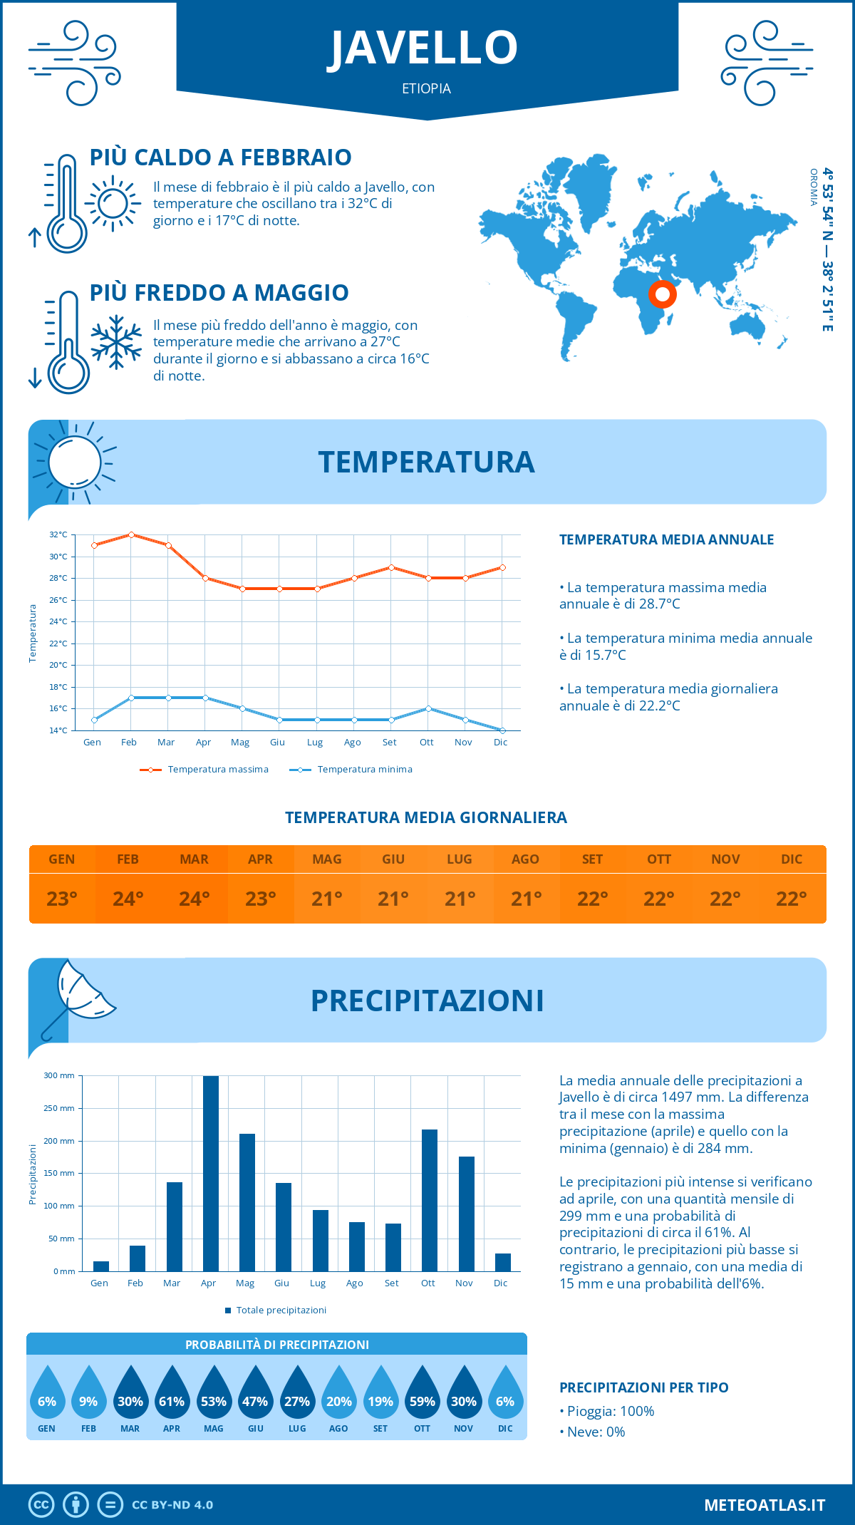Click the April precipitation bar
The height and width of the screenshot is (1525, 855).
[211, 1173]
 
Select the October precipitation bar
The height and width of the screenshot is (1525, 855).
[430, 1200]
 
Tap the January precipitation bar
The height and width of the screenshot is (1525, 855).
[101, 1266]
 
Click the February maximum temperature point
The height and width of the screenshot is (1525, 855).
[131, 534]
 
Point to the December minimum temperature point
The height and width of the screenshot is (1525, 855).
[502, 730]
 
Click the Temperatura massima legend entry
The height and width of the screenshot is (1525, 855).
[205, 770]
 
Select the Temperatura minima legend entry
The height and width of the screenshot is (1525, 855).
[352, 770]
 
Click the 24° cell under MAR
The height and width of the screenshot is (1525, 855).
[195, 899]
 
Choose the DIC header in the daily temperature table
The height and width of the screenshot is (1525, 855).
[792, 859]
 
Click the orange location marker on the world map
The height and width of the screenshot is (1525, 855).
[663, 294]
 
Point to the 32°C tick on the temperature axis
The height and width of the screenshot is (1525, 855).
[58, 534]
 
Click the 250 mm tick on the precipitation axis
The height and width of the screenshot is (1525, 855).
[59, 1108]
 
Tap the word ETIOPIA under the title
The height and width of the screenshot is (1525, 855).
[426, 88]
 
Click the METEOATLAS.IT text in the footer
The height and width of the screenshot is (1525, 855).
[765, 1505]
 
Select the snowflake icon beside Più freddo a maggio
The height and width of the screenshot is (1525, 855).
[116, 342]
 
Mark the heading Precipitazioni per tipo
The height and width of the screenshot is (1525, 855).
[643, 1387]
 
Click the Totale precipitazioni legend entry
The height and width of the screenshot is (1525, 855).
[276, 1311]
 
